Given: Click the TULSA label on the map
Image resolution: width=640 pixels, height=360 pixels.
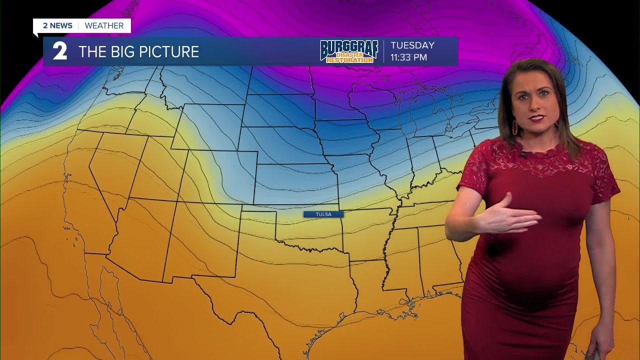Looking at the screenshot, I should [323, 214].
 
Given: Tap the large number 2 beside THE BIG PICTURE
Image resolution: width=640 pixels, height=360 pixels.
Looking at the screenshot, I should [60, 52].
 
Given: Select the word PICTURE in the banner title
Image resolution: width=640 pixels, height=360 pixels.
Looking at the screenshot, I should [170, 52].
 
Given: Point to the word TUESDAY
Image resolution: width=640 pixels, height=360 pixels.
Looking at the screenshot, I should [412, 45].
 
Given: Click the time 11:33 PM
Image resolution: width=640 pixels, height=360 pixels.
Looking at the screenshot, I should [408, 57].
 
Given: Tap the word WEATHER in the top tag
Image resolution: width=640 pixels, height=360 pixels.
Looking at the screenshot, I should [104, 25].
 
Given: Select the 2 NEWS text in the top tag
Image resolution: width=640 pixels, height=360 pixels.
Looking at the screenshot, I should [57, 25].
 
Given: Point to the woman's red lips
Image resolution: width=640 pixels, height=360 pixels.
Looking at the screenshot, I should [536, 118].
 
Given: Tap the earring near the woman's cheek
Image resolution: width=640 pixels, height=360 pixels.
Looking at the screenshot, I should [514, 127].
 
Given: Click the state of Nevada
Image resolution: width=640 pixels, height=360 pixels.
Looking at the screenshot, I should [110, 170].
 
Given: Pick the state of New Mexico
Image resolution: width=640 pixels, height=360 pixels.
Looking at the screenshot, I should [200, 240].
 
